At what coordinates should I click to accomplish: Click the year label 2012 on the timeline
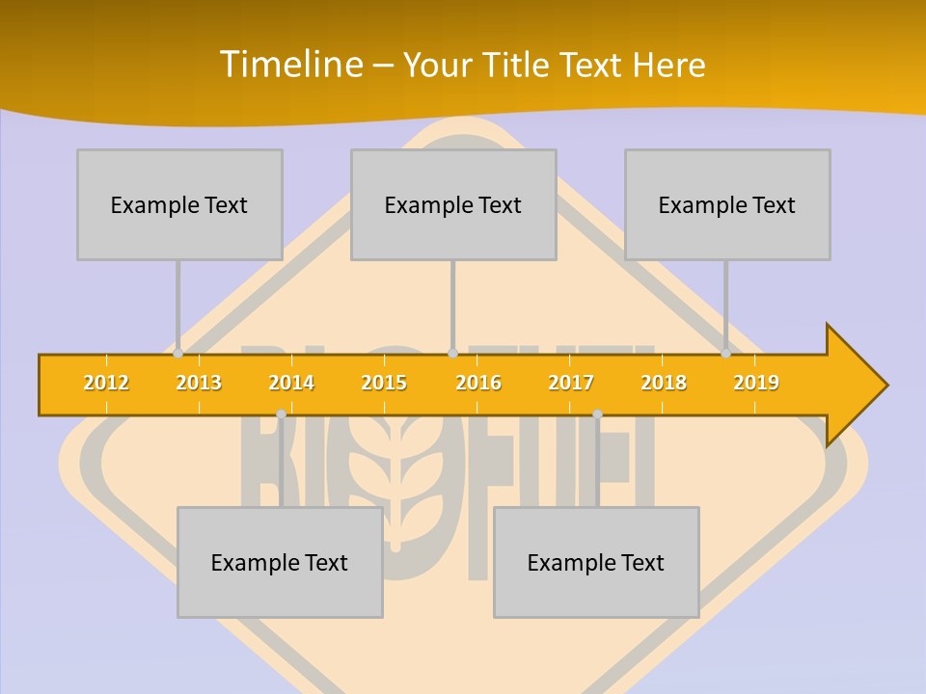pos(106,383)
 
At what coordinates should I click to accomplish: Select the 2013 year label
pos(199,383)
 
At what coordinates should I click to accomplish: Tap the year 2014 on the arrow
pos(291,383)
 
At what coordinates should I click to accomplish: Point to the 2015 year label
pos(384,383)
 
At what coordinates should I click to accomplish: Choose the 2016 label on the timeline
pos(478,383)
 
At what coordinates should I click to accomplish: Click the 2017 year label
pos(571,383)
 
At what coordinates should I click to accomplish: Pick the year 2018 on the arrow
pos(664,383)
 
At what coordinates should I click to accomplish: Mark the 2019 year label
pos(756,383)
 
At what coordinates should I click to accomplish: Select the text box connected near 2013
pos(179,204)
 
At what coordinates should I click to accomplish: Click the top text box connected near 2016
pos(453,204)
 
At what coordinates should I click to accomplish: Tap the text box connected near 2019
pos(727,204)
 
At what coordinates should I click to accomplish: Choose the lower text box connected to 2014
pos(280,562)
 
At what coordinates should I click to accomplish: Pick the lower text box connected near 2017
pos(596,562)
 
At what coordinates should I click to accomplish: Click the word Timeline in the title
pos(290,65)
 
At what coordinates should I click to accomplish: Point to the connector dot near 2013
pos(178,354)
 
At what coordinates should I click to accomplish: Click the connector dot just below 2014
pos(281,414)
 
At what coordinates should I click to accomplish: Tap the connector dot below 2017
pos(597,414)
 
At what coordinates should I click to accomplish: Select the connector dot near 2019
pos(726,354)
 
